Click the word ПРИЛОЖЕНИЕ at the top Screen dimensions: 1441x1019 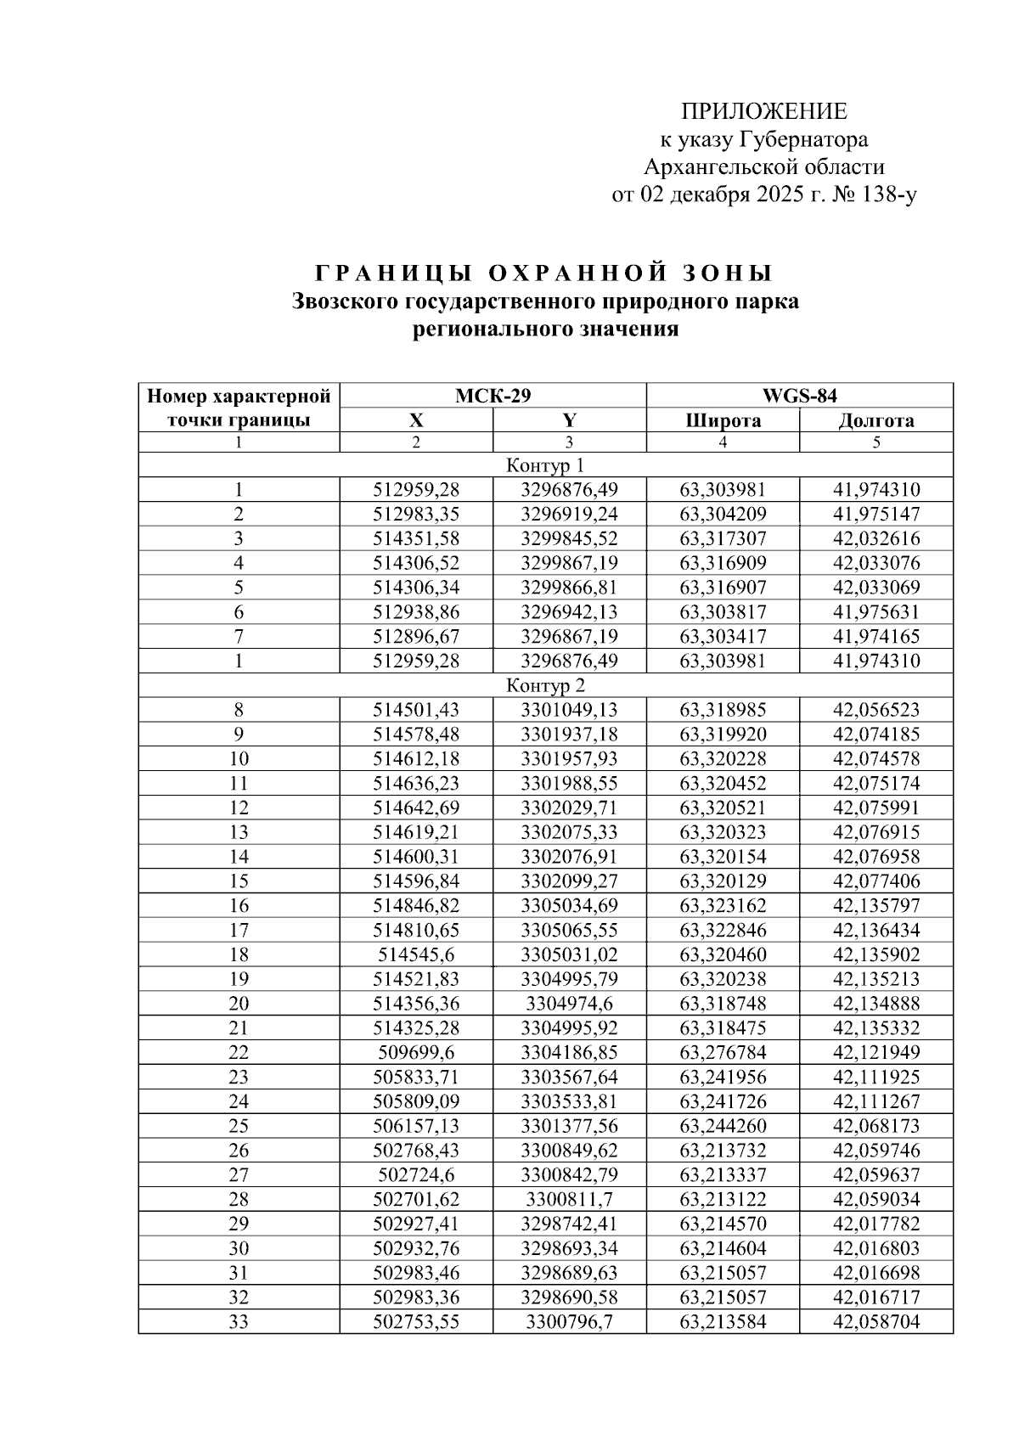[764, 111]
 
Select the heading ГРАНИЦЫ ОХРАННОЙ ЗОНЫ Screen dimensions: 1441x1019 [544, 273]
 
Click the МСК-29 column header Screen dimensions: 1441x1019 [493, 396]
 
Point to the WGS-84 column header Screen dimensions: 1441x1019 [799, 396]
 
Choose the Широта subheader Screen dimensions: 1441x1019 [723, 420]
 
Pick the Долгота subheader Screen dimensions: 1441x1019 [875, 420]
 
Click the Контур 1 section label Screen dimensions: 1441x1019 [545, 465]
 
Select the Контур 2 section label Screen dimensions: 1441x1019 [545, 685]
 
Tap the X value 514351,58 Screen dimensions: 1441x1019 [416, 538]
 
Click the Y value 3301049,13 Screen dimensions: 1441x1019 [569, 710]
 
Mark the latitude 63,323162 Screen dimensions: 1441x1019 [723, 905]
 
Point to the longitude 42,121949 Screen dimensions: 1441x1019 [875, 1052]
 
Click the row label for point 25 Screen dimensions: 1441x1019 [239, 1126]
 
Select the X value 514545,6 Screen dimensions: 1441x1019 [416, 954]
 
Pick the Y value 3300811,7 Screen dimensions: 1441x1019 [569, 1199]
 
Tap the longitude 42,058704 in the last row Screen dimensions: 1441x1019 [875, 1321]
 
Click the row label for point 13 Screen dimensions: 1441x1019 [239, 832]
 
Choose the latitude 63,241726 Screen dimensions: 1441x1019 [723, 1101]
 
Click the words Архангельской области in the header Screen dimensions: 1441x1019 [764, 167]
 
